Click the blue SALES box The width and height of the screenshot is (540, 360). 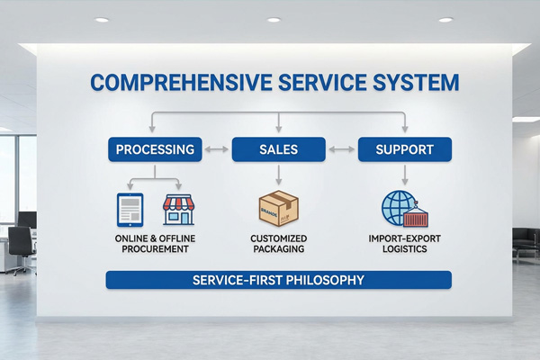(278, 148)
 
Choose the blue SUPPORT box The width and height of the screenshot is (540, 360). (404, 148)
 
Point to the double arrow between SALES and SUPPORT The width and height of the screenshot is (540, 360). (341, 148)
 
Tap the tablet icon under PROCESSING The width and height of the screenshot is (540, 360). (130, 209)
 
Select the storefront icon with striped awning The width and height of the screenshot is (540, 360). (179, 209)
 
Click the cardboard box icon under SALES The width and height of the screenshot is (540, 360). (278, 208)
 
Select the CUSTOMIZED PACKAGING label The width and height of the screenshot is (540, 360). (278, 243)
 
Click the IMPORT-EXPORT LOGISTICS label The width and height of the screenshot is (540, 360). (404, 243)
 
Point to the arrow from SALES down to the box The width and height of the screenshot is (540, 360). (278, 174)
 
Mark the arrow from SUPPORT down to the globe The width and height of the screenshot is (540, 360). (404, 174)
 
